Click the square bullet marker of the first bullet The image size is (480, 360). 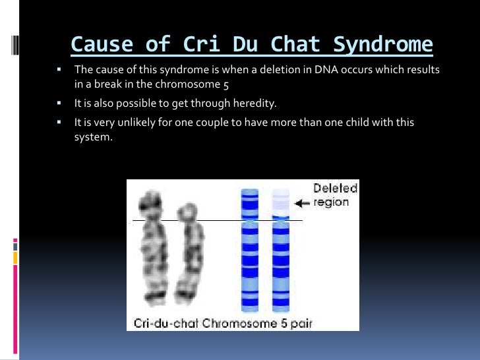pyautogui.click(x=59, y=69)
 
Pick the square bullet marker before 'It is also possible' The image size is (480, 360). pyautogui.click(x=59, y=104)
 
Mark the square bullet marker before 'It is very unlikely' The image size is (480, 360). pyautogui.click(x=59, y=122)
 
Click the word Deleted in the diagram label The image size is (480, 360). pyautogui.click(x=335, y=189)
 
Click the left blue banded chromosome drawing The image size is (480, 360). pyautogui.click(x=250, y=251)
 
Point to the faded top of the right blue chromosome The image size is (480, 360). pyautogui.click(x=281, y=200)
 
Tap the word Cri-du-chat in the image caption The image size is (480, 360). pyautogui.click(x=166, y=323)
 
